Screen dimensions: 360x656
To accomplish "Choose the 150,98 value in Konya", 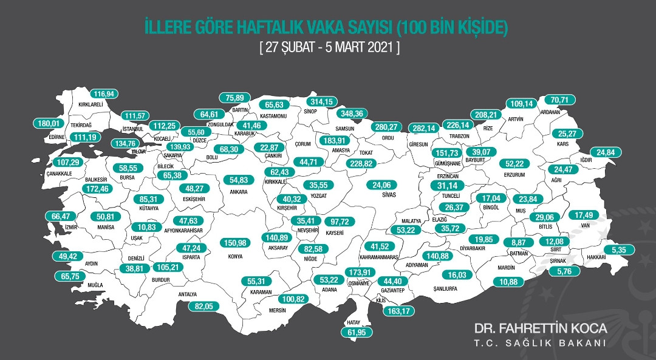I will tap(241, 243).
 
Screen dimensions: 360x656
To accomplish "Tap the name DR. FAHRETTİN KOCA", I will tap(541, 328).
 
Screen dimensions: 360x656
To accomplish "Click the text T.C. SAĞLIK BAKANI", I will tap(541, 344).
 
